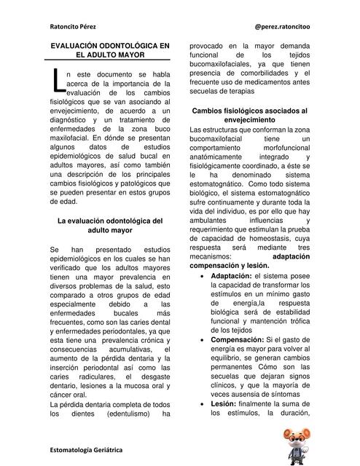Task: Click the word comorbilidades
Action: coord(273,73)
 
